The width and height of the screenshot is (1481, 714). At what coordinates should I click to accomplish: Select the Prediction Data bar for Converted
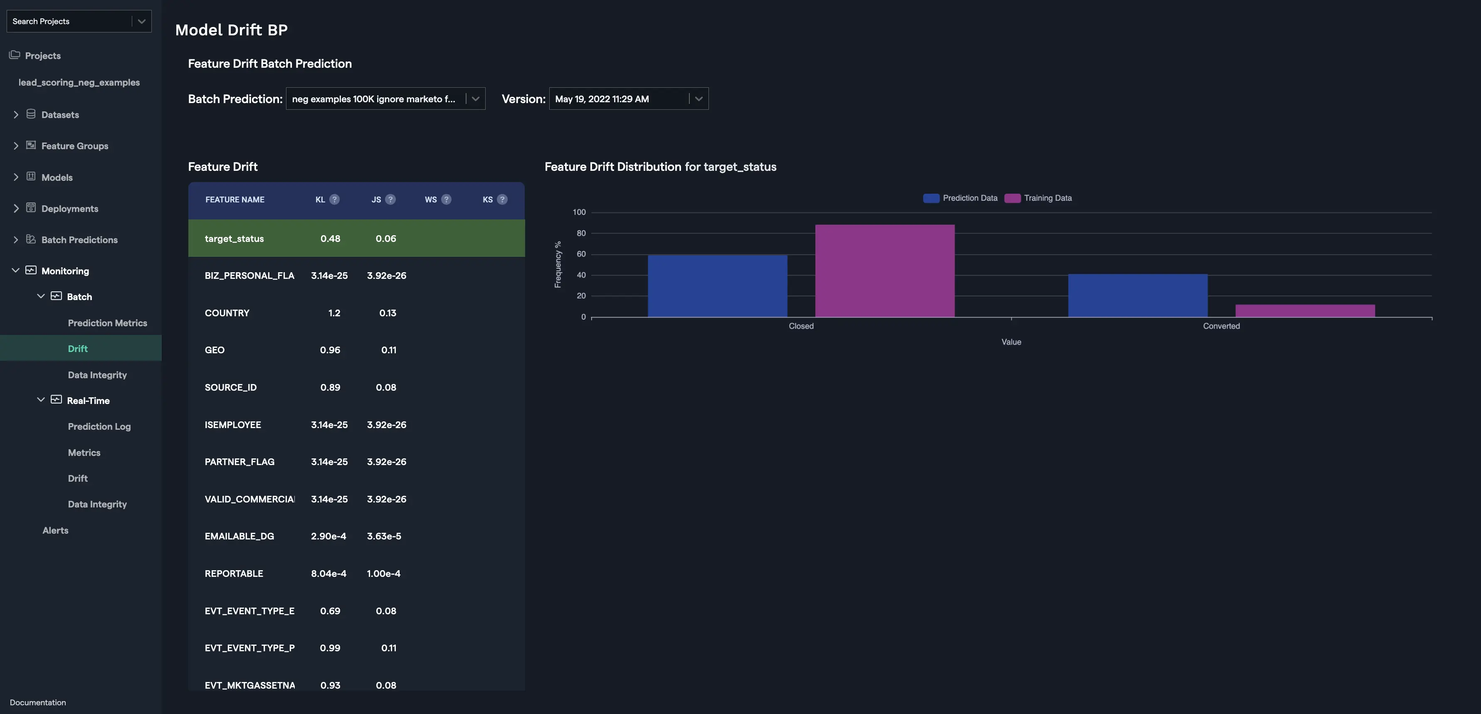coord(1138,295)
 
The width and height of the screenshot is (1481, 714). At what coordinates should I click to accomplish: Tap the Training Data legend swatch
coord(1012,198)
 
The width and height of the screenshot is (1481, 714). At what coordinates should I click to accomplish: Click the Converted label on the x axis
coord(1221,326)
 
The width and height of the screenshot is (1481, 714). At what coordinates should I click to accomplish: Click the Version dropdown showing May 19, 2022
coord(628,99)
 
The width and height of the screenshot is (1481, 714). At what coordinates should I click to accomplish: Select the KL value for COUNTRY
coord(334,313)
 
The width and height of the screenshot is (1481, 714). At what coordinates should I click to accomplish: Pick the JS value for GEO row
coord(389,350)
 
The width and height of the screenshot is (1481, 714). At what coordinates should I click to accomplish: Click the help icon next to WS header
coord(446,199)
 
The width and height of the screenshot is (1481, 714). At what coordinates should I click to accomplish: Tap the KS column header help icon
coord(502,199)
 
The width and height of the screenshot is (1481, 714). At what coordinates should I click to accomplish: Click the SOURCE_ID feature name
coord(230,387)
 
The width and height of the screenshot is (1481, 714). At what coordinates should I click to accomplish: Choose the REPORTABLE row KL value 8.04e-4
coord(328,574)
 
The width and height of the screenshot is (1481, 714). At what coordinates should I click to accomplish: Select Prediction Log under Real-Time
coord(99,426)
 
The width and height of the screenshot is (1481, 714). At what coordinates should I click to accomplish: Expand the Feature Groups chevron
coord(15,146)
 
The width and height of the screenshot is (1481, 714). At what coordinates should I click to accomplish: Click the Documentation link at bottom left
coord(38,702)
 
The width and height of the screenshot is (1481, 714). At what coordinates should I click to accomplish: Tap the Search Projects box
coord(69,21)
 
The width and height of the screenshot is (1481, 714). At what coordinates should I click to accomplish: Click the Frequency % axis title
coord(558,264)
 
